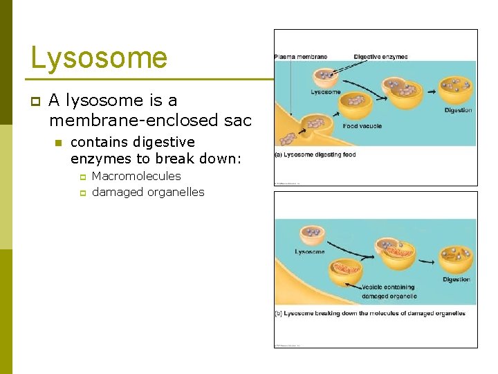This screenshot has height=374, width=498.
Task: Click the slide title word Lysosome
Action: point(99,58)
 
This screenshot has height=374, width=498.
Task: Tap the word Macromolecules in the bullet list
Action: point(136,177)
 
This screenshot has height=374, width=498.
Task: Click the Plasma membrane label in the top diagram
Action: point(301,57)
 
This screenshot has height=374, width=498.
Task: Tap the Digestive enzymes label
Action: point(380,57)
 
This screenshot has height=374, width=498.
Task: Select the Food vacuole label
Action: point(362,126)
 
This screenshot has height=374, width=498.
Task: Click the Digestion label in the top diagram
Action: point(458,110)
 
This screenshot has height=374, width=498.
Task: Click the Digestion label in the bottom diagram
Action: point(456,280)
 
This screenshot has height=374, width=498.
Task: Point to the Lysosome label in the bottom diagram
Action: point(309,252)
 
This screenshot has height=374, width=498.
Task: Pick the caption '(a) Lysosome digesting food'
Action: point(315,154)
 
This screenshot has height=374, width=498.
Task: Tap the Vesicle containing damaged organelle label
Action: point(388,292)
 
